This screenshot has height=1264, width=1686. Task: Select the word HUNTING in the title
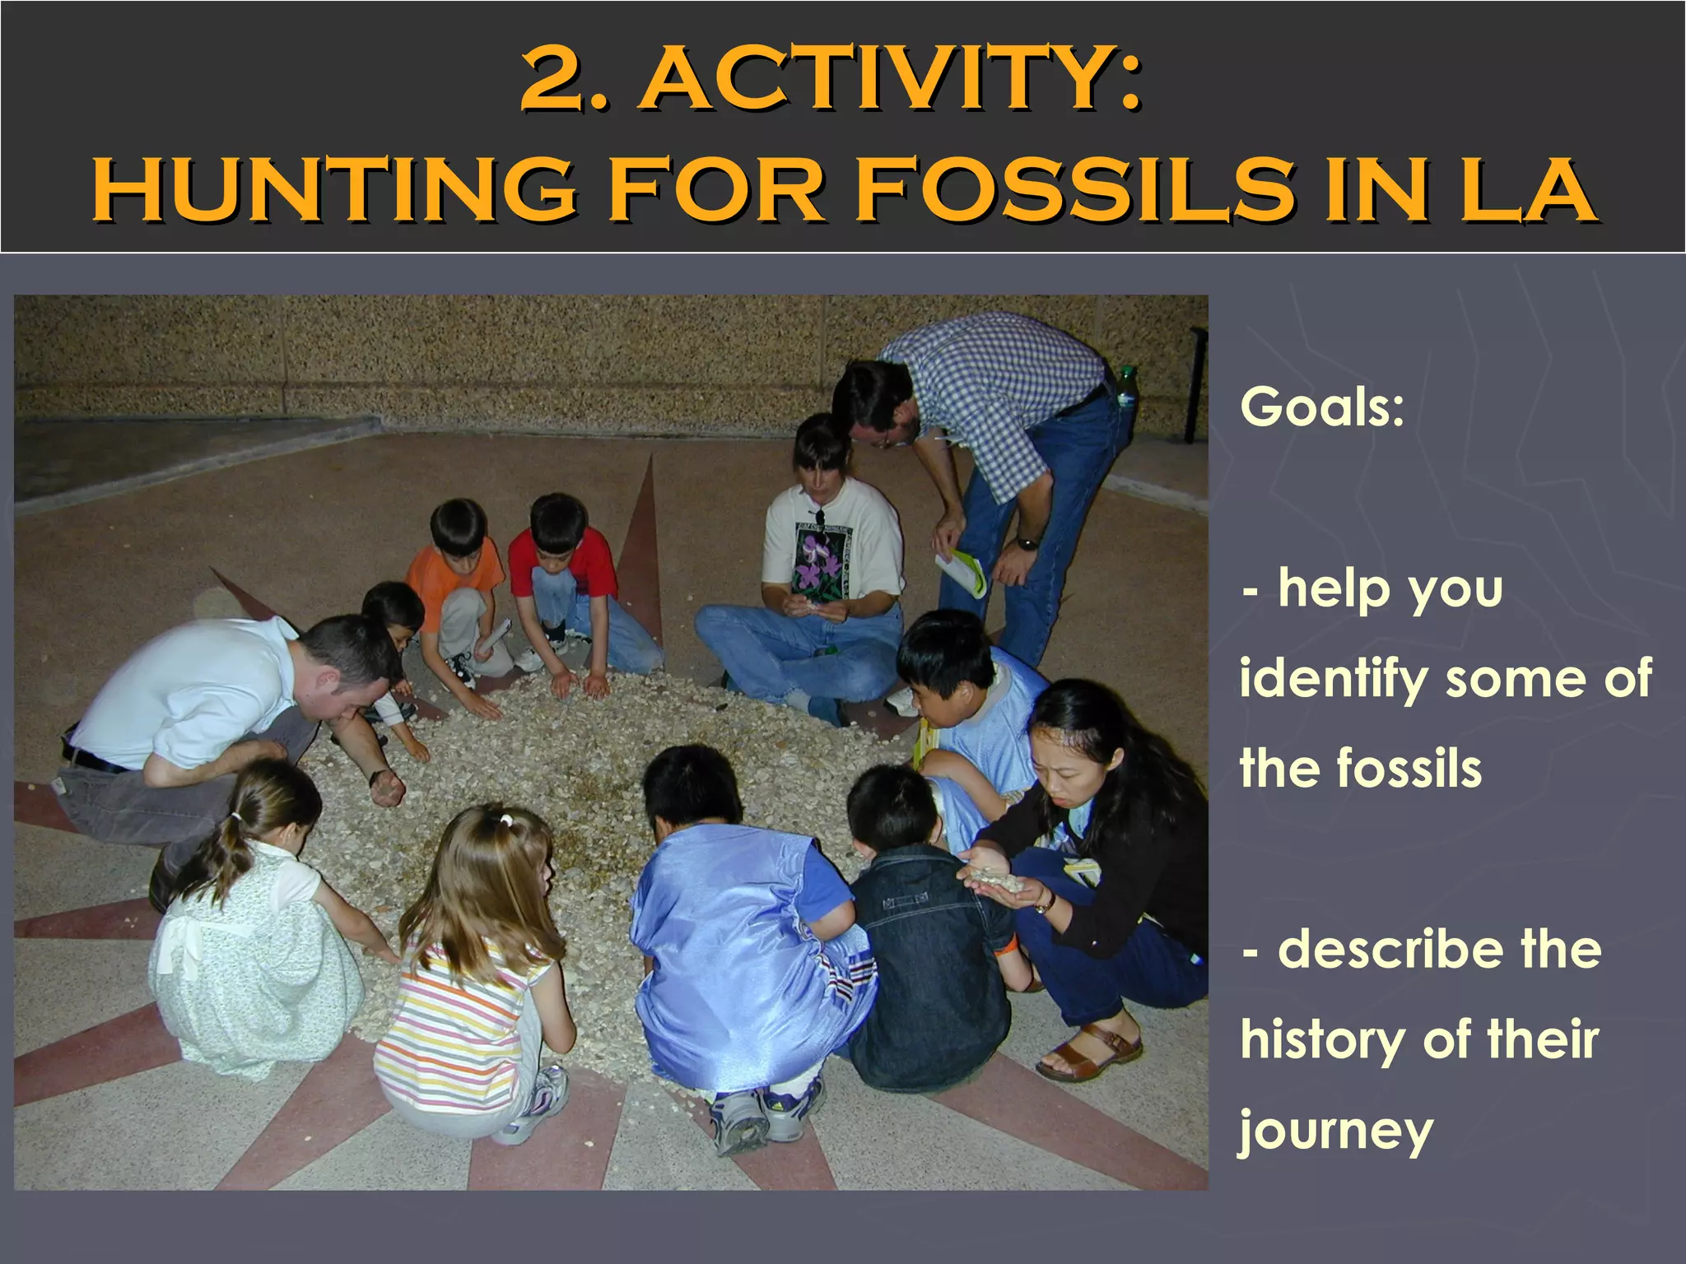334,191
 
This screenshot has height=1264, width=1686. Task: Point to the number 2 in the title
560,81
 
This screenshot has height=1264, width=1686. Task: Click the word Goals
1322,407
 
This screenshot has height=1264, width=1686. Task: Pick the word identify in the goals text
1334,680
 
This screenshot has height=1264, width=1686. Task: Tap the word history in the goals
1322,1040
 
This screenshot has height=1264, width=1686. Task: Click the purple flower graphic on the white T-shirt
814,560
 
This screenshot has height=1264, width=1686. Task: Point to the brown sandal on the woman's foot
1090,1053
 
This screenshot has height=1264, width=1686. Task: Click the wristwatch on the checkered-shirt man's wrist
1026,543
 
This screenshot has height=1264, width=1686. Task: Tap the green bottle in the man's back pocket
1125,387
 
